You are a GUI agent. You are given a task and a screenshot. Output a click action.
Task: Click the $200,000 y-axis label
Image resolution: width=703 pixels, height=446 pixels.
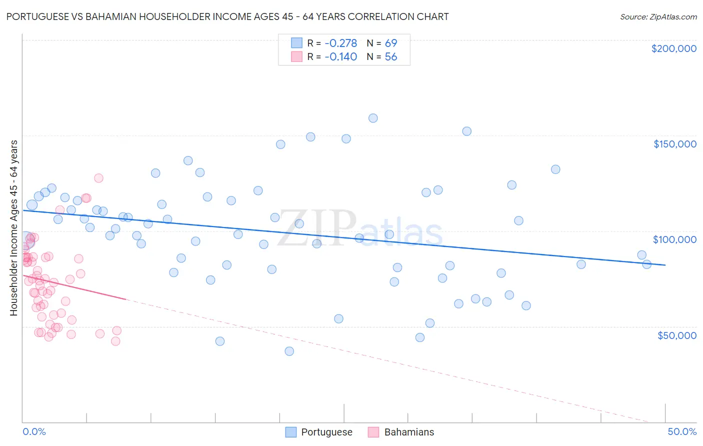pos(673,48)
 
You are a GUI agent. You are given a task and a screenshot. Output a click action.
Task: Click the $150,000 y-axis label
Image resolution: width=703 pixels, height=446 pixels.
pos(674,144)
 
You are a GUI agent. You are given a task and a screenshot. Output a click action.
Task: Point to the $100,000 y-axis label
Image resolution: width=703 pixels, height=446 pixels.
pos(674,239)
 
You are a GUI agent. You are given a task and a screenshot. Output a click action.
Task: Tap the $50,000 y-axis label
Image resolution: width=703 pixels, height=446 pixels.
pos(676,335)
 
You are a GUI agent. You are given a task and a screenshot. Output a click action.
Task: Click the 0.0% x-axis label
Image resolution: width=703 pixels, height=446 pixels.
pos(34,431)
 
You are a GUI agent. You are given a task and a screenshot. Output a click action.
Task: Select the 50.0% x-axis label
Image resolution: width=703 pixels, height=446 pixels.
pos(682,431)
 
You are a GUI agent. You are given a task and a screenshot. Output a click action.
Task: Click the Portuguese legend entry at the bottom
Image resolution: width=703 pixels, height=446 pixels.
pos(326,432)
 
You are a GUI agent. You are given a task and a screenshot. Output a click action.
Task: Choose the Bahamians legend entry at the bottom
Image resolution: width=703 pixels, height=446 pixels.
pos(409,432)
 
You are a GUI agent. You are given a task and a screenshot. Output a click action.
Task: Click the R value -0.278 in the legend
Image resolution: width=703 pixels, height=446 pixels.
pos(340,43)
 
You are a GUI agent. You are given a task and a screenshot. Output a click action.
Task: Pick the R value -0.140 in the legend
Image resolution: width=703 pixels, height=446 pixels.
pos(340,57)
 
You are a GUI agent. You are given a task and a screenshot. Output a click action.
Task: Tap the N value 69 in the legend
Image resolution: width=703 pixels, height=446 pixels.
pos(391,43)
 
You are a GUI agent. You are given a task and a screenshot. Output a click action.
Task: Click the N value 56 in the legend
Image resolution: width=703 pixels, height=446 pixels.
pos(391,57)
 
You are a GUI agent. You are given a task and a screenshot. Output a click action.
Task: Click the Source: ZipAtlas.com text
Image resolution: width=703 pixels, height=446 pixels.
pos(658,16)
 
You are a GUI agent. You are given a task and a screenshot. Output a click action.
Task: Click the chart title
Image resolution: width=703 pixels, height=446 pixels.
pos(227,16)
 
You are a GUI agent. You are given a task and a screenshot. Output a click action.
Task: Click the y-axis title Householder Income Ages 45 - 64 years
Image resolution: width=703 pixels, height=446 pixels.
pos(13,228)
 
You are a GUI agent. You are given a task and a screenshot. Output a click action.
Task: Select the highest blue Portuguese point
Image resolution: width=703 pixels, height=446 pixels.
pos(373,118)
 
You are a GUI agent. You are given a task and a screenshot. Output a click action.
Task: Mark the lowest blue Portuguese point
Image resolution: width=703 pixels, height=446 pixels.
pos(289,351)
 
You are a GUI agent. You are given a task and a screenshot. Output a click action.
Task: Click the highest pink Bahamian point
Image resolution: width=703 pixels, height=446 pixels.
pos(98,178)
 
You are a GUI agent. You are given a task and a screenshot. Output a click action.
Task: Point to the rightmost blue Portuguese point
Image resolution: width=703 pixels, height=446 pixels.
pos(646,264)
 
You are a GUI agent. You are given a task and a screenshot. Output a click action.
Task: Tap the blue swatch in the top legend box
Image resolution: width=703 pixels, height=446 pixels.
pos(297,43)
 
